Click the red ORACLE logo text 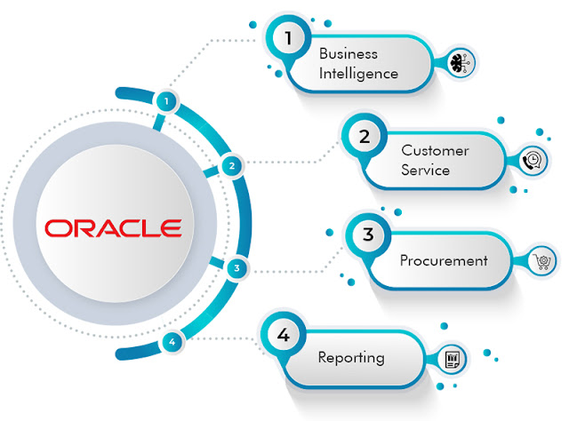[x=113, y=227]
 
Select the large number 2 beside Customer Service [x=364, y=138]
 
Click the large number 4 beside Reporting [x=284, y=335]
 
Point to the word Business [x=348, y=54]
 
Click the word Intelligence [x=358, y=74]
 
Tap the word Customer [x=434, y=150]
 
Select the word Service [x=425, y=170]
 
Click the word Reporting [x=351, y=358]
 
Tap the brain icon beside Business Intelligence [x=462, y=61]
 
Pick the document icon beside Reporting [x=453, y=360]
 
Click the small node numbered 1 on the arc [x=165, y=102]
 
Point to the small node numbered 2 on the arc [x=231, y=164]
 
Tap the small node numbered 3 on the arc [x=235, y=267]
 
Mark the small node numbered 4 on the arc [x=172, y=341]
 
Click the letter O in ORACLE [x=57, y=227]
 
